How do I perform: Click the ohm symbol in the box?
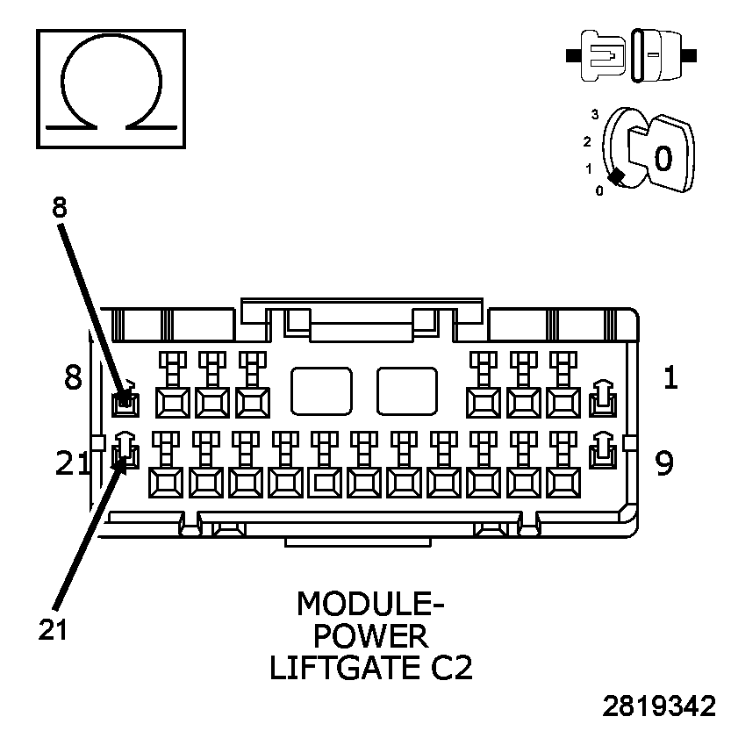pyautogui.click(x=110, y=88)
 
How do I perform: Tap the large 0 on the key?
pyautogui.click(x=663, y=157)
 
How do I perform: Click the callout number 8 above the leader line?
pyautogui.click(x=59, y=209)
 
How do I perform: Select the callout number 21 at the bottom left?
pyautogui.click(x=54, y=628)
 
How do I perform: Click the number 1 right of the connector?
pyautogui.click(x=670, y=378)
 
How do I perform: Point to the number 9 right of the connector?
pyautogui.click(x=665, y=462)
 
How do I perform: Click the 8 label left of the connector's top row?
pyautogui.click(x=73, y=378)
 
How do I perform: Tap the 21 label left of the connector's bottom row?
pyautogui.click(x=72, y=463)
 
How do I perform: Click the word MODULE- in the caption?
pyautogui.click(x=369, y=605)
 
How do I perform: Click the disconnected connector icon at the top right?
pyautogui.click(x=633, y=55)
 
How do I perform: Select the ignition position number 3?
pyautogui.click(x=595, y=114)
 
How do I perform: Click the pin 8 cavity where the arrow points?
pyautogui.click(x=126, y=402)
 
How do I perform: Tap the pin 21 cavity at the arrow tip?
pyautogui.click(x=126, y=454)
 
